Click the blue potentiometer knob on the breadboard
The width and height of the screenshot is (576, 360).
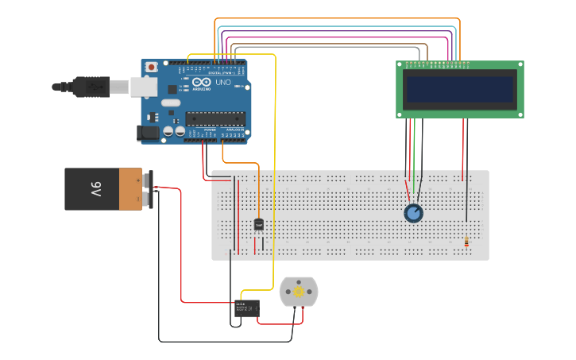(x=413, y=213)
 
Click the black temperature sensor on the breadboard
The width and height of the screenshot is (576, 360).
(x=258, y=224)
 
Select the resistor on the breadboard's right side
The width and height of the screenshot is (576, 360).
(x=466, y=242)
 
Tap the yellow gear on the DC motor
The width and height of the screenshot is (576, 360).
(x=299, y=292)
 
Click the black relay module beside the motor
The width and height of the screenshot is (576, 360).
(x=247, y=308)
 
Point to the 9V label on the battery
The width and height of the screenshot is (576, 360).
(x=95, y=189)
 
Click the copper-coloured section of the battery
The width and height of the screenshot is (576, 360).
(x=130, y=189)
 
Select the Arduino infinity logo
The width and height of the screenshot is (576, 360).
(x=202, y=82)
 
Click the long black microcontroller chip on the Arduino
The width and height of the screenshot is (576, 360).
(x=215, y=118)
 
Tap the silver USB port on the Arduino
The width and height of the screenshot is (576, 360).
(x=144, y=86)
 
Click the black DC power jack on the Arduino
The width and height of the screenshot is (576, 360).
(x=147, y=133)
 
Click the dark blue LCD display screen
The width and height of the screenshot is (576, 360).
(x=460, y=89)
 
